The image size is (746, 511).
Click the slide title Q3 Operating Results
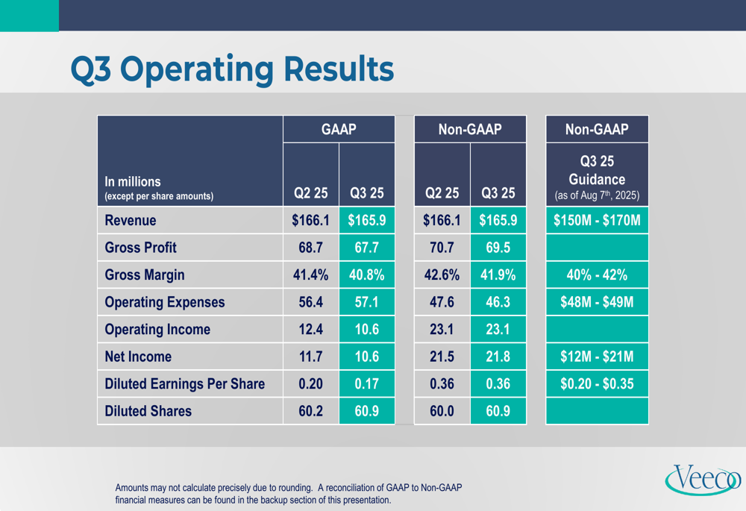(x=231, y=69)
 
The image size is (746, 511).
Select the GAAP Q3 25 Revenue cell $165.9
(x=366, y=221)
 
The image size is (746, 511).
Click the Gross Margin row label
(x=145, y=275)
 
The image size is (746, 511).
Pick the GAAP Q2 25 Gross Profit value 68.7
(x=310, y=248)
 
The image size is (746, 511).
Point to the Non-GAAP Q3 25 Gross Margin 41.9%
(x=498, y=275)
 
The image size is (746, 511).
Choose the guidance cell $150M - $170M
(x=597, y=221)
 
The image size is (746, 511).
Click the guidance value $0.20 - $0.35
(x=597, y=384)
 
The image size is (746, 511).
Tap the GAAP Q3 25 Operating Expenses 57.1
(x=366, y=302)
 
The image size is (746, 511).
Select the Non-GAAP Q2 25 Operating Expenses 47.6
(x=442, y=302)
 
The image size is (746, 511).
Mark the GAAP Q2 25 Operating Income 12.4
(x=310, y=330)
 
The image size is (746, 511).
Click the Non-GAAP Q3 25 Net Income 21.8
(x=498, y=357)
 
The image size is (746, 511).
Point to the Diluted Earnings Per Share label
(x=184, y=384)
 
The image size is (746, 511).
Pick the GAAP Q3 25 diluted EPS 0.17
(x=366, y=384)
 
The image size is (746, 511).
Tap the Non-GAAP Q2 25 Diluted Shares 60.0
(x=442, y=411)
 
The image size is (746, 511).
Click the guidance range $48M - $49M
(x=597, y=302)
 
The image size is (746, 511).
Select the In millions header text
(x=133, y=181)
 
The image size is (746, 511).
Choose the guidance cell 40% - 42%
(x=597, y=275)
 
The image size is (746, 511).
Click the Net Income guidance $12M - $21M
(x=597, y=357)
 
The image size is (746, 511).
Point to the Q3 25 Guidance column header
(x=597, y=179)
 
